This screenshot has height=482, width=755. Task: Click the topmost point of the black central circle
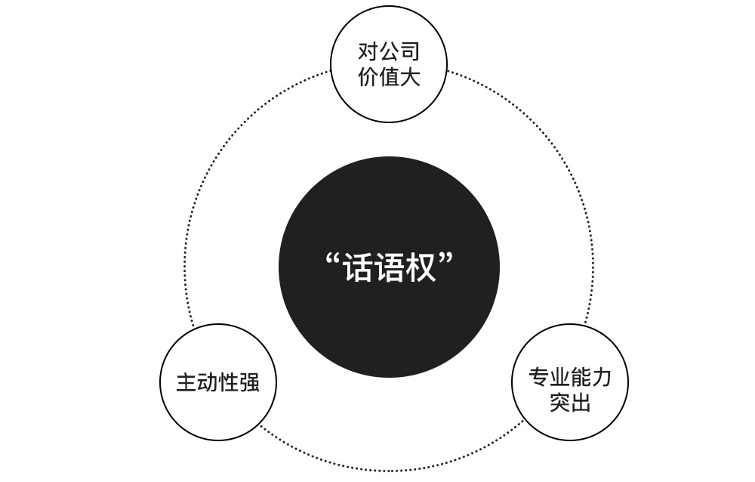click(389, 156)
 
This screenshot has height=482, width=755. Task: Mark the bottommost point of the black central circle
click(389, 378)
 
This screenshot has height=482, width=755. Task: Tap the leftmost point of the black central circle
click(279, 267)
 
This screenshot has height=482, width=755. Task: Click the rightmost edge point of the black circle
click(500, 267)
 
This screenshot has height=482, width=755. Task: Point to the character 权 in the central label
click(421, 267)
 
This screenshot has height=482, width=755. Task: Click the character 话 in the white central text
click(358, 267)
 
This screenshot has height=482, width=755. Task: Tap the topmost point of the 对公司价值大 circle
click(389, 6)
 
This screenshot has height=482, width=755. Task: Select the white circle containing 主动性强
click(218, 382)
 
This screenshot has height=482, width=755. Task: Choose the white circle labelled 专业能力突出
click(570, 382)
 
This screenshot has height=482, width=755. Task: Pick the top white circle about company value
click(389, 64)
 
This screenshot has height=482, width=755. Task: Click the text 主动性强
click(218, 382)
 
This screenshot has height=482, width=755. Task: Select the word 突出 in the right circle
click(570, 402)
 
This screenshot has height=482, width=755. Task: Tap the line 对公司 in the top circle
click(389, 51)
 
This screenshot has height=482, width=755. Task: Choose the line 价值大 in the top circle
click(389, 76)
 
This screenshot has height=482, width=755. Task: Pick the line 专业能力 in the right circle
click(570, 377)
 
